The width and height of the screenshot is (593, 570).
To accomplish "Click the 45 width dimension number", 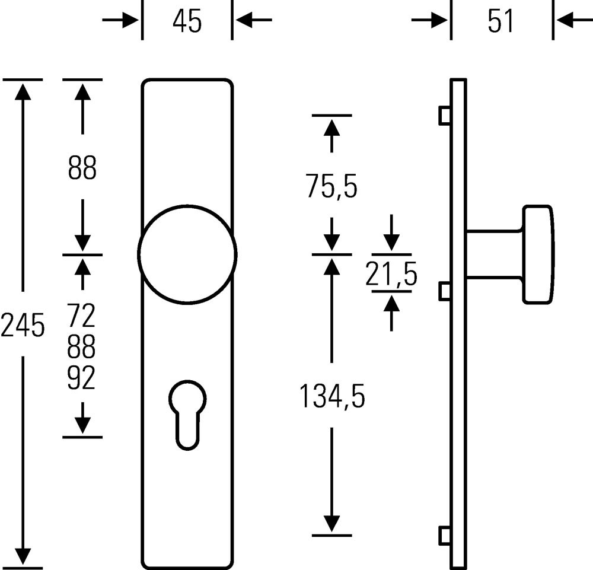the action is [187, 21].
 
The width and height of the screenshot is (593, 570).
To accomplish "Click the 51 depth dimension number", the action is [501, 21].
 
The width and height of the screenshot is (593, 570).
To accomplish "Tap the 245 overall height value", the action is [23, 325].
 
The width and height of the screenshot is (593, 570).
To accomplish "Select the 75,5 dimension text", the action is [331, 186].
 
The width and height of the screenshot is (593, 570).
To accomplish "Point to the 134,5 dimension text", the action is [332, 396].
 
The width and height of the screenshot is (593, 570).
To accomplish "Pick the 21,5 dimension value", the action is [391, 274].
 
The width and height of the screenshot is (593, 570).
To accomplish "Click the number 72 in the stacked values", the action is [81, 316].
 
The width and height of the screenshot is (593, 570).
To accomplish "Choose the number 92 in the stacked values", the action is [81, 378].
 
